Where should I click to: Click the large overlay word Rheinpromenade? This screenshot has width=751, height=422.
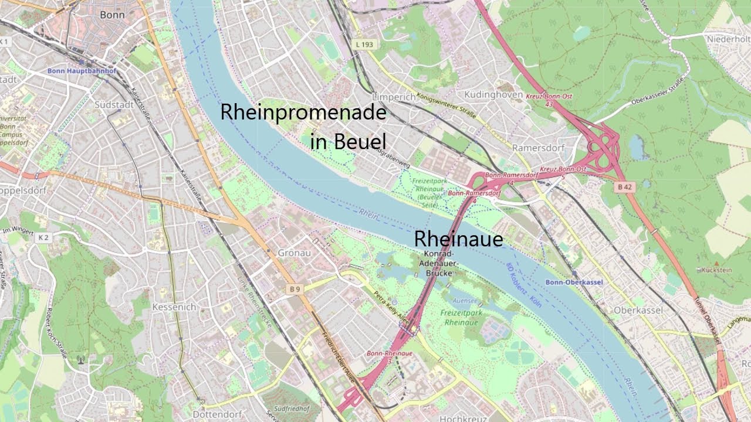click(303, 113)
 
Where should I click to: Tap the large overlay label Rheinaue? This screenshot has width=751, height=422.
click(458, 239)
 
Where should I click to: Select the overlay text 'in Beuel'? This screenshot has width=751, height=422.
click(348, 141)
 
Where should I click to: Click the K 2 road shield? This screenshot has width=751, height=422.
click(43, 237)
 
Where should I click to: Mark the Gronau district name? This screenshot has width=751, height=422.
click(282, 253)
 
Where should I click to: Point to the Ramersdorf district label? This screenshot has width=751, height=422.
click(538, 148)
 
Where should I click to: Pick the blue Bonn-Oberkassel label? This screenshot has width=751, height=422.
click(574, 283)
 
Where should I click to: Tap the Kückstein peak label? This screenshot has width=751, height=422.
click(716, 270)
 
